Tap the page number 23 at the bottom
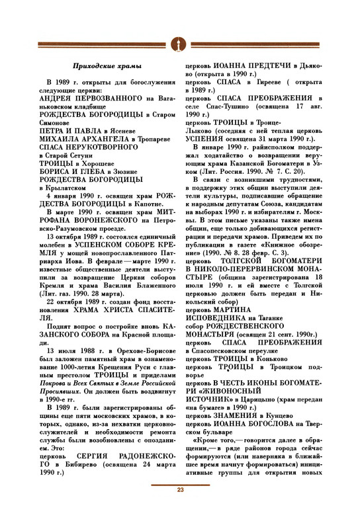coord(179,508)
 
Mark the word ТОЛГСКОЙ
coord(252,279)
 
